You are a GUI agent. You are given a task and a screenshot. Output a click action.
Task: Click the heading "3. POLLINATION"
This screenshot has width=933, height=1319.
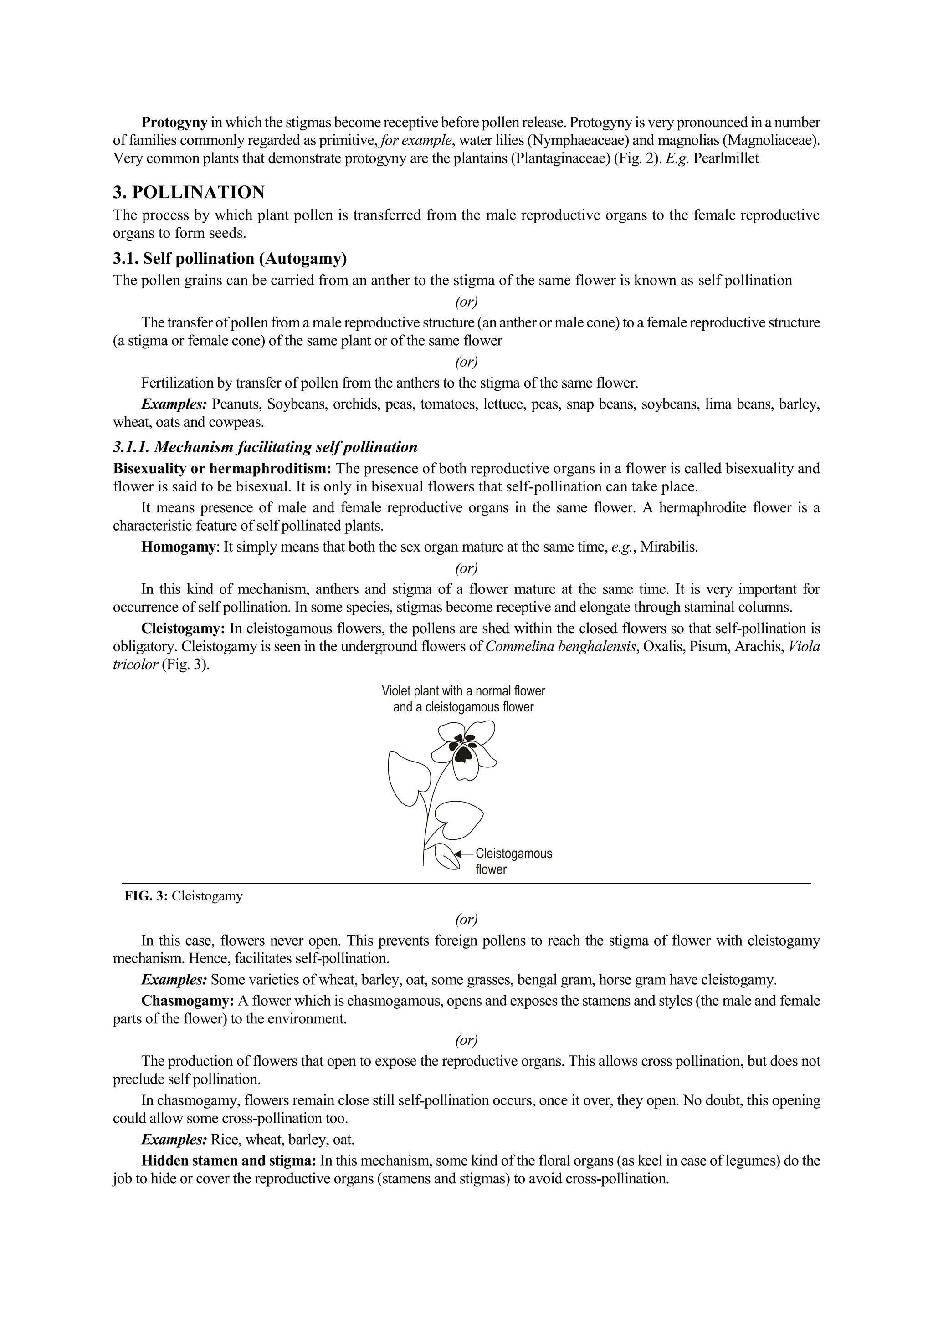189,193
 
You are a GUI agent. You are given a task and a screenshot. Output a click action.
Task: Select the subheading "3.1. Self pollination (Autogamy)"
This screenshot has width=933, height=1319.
230,259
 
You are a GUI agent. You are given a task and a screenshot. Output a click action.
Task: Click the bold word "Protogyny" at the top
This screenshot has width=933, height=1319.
174,123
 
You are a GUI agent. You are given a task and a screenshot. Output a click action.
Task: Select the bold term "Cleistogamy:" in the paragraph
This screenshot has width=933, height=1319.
183,629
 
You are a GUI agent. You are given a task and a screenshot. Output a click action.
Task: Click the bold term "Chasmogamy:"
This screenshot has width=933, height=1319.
187,1001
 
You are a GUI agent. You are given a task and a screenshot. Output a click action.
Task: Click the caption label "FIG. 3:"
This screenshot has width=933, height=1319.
146,896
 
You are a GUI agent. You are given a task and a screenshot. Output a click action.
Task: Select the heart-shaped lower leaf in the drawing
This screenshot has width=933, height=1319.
458,818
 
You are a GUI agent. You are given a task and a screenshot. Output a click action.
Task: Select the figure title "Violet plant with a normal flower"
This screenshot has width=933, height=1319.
463,691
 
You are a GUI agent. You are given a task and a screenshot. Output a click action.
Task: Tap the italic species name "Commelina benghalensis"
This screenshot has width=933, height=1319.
561,647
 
